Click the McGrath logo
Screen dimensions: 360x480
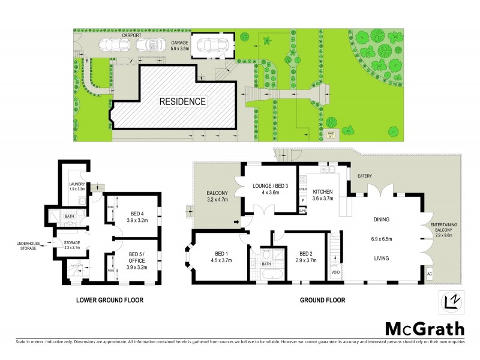click(x=424, y=328)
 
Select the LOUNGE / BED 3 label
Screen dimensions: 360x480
click(x=271, y=185)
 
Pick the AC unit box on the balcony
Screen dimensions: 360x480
click(x=428, y=274)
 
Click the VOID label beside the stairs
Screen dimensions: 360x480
click(x=335, y=273)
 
